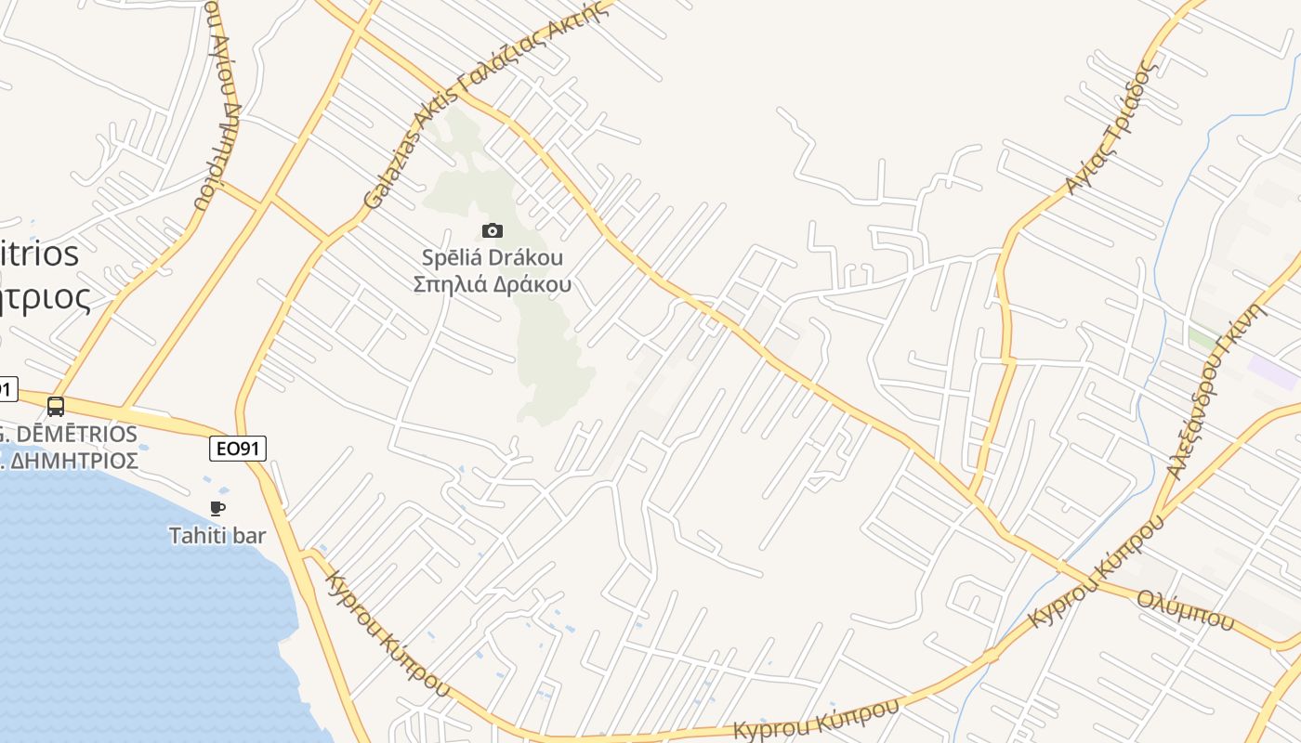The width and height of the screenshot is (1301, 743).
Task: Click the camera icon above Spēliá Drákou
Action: point(493,230)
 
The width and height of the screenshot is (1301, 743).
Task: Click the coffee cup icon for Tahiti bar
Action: point(217,508)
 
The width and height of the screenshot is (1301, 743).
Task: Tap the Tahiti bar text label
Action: point(217,536)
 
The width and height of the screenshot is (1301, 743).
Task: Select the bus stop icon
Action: point(56,406)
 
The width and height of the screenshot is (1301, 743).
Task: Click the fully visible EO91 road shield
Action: point(238,450)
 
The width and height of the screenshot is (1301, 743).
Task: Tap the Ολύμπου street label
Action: point(1185,609)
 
